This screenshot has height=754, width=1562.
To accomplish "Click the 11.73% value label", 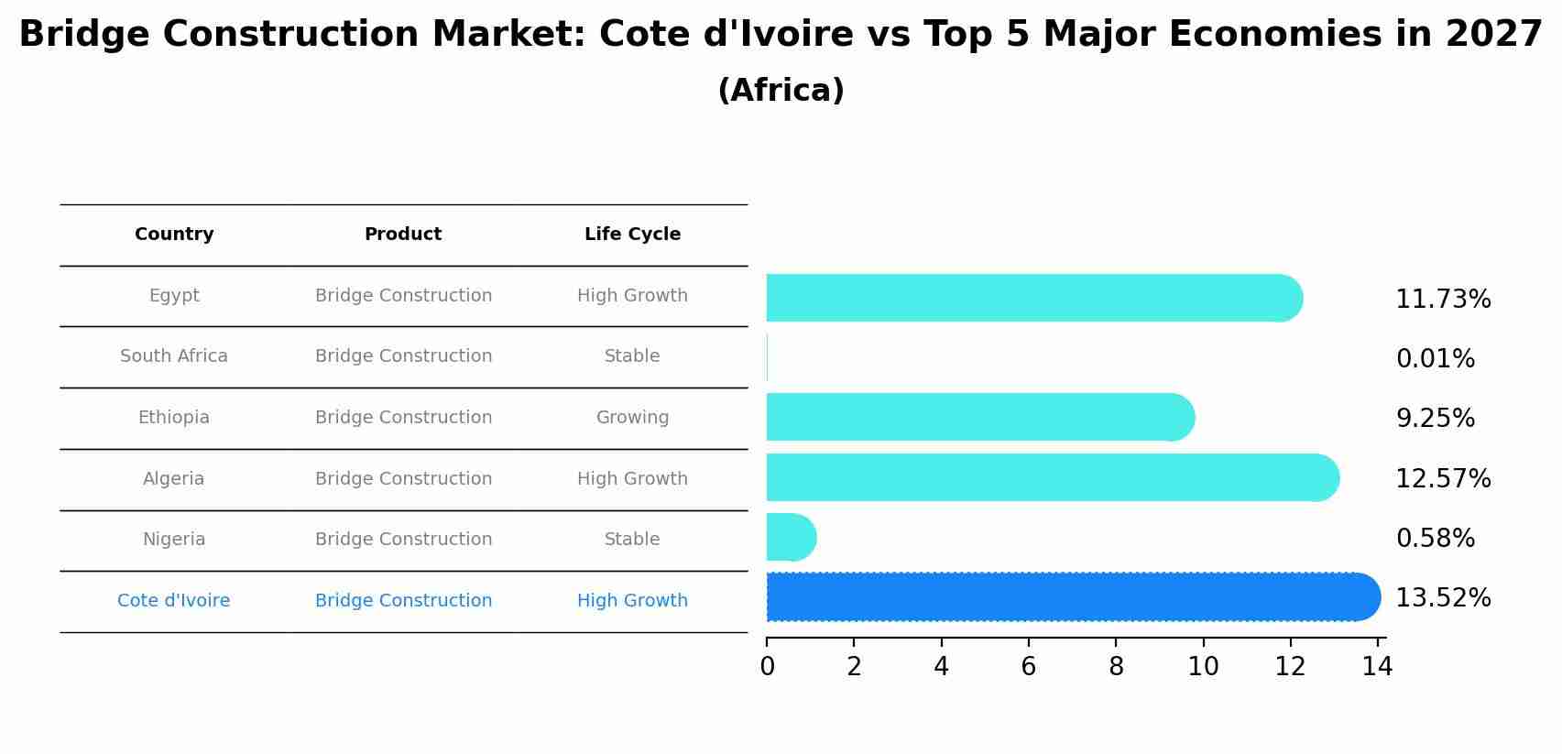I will point(1443,300).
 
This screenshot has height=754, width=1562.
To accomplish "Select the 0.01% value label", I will point(1435,359).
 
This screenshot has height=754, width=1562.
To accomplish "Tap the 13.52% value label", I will point(1443,598).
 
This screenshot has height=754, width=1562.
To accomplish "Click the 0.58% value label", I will point(1435,539).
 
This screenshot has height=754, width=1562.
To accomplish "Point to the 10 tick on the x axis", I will point(1203,667).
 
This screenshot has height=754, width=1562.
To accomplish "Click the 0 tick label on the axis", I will point(767,667).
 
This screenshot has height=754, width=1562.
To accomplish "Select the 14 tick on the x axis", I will point(1377,667).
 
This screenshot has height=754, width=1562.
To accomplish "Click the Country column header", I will point(174,235).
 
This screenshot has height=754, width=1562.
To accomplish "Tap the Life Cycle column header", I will point(632,235).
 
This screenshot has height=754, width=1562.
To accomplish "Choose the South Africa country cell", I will point(174,356).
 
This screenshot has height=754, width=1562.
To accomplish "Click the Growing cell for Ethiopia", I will point(632,418).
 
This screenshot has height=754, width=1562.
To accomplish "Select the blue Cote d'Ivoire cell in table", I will point(174,601).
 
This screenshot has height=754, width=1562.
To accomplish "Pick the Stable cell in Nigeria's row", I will point(632,540).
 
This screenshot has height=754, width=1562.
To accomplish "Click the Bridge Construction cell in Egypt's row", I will point(403,296).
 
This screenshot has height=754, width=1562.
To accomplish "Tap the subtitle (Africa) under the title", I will point(781,91).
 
